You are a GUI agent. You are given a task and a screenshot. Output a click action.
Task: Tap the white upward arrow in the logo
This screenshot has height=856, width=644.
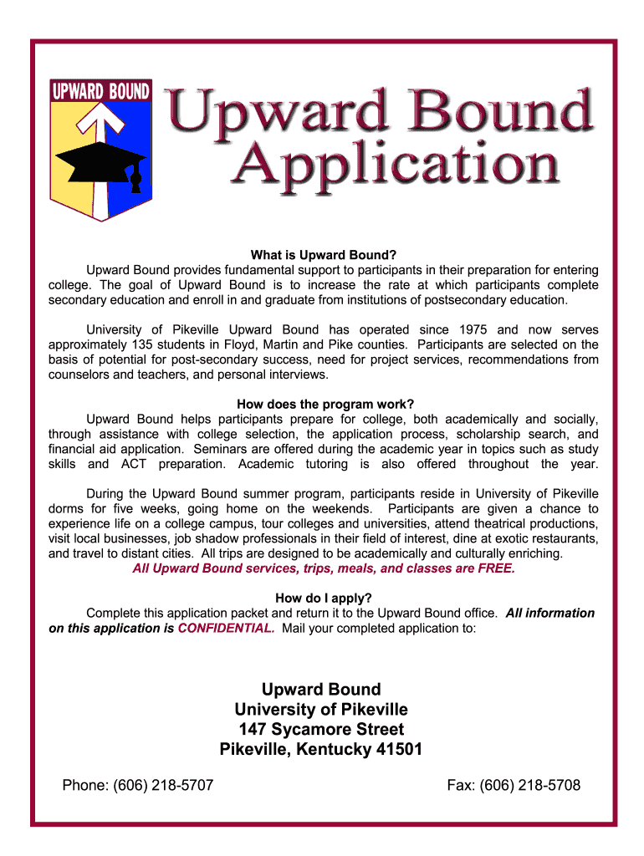[99, 125]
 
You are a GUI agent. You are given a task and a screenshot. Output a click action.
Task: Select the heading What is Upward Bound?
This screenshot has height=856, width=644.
[323, 255]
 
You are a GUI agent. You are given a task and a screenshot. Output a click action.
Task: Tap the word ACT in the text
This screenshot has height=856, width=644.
[135, 464]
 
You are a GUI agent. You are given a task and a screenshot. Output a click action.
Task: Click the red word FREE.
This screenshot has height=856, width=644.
[492, 568]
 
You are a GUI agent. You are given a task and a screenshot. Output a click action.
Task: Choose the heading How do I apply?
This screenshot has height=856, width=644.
[323, 598]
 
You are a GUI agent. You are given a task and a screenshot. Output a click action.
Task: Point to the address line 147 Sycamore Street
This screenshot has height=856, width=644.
[321, 729]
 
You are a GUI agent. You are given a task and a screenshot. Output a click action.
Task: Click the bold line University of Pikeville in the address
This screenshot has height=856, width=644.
[321, 710]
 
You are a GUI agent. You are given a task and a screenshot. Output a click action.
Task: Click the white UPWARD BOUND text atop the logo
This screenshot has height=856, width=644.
[100, 90]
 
